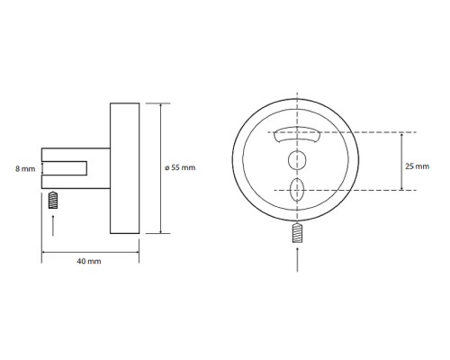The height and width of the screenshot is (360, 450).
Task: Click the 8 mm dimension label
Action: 25,169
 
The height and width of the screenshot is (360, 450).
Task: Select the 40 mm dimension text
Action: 89,261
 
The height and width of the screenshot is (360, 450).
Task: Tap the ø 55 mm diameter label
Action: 180,167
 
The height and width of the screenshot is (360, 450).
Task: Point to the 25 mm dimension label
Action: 417,166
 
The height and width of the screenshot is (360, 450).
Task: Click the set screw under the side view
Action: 53,200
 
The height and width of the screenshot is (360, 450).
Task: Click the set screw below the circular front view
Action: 297,233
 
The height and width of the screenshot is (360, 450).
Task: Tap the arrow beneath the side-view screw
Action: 53,225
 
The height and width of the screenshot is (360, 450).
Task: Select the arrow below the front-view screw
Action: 297,259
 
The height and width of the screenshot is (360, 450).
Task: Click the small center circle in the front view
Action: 297,160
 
